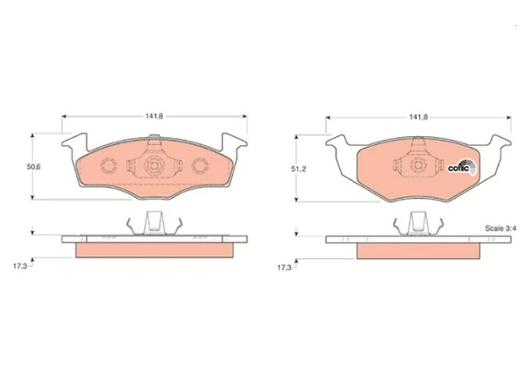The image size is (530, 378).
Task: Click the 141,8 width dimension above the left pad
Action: point(155,116)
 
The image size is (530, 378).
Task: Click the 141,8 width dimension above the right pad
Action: point(418,117)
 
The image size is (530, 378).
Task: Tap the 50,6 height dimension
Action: point(34,167)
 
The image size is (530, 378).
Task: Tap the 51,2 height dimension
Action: point(298,169)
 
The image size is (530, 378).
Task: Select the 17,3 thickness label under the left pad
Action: point(20,266)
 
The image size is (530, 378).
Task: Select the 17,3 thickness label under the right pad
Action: point(285,268)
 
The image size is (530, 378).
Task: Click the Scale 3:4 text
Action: point(500,228)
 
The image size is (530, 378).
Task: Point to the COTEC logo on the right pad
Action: point(462,167)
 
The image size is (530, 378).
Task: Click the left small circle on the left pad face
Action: point(109,166)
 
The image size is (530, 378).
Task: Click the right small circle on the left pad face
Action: point(200,166)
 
